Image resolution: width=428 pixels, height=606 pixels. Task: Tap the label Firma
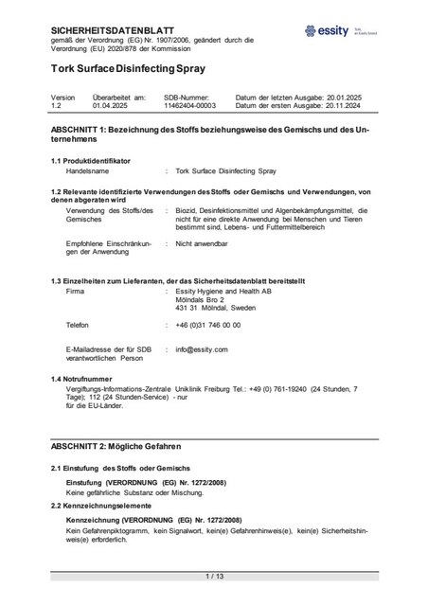click(77, 292)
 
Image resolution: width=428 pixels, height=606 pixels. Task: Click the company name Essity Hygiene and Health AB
click(223, 292)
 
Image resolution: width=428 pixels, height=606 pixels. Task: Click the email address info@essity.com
click(202, 349)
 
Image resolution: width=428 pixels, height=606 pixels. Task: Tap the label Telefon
click(80, 325)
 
